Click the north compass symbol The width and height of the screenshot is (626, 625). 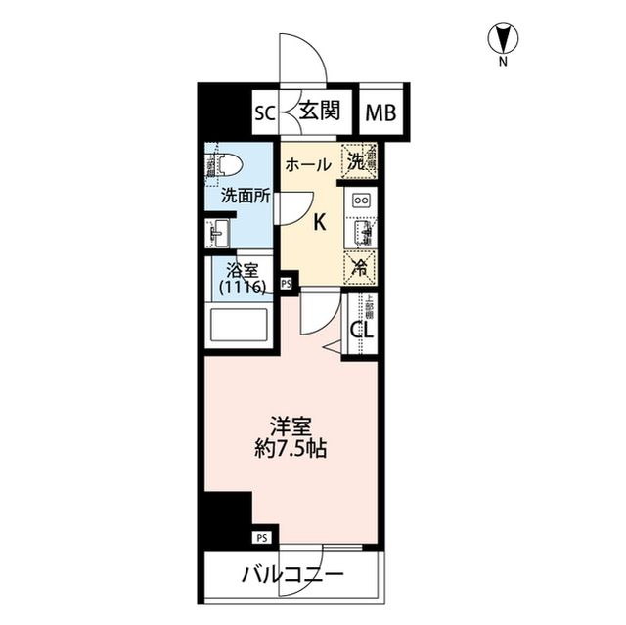[504, 39]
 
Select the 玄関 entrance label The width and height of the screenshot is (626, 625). [319, 111]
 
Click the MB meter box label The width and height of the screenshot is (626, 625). [382, 112]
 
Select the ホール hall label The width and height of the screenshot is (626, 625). [307, 165]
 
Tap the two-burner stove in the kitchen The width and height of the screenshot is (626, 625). [360, 200]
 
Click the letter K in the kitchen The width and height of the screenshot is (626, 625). [319, 223]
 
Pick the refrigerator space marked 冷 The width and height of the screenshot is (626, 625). [360, 264]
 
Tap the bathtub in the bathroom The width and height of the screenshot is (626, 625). [240, 327]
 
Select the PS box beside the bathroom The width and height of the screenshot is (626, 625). [287, 284]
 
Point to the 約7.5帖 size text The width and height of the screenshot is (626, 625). [291, 450]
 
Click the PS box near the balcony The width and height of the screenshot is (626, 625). [262, 537]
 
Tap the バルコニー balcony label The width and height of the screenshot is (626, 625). [291, 575]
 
